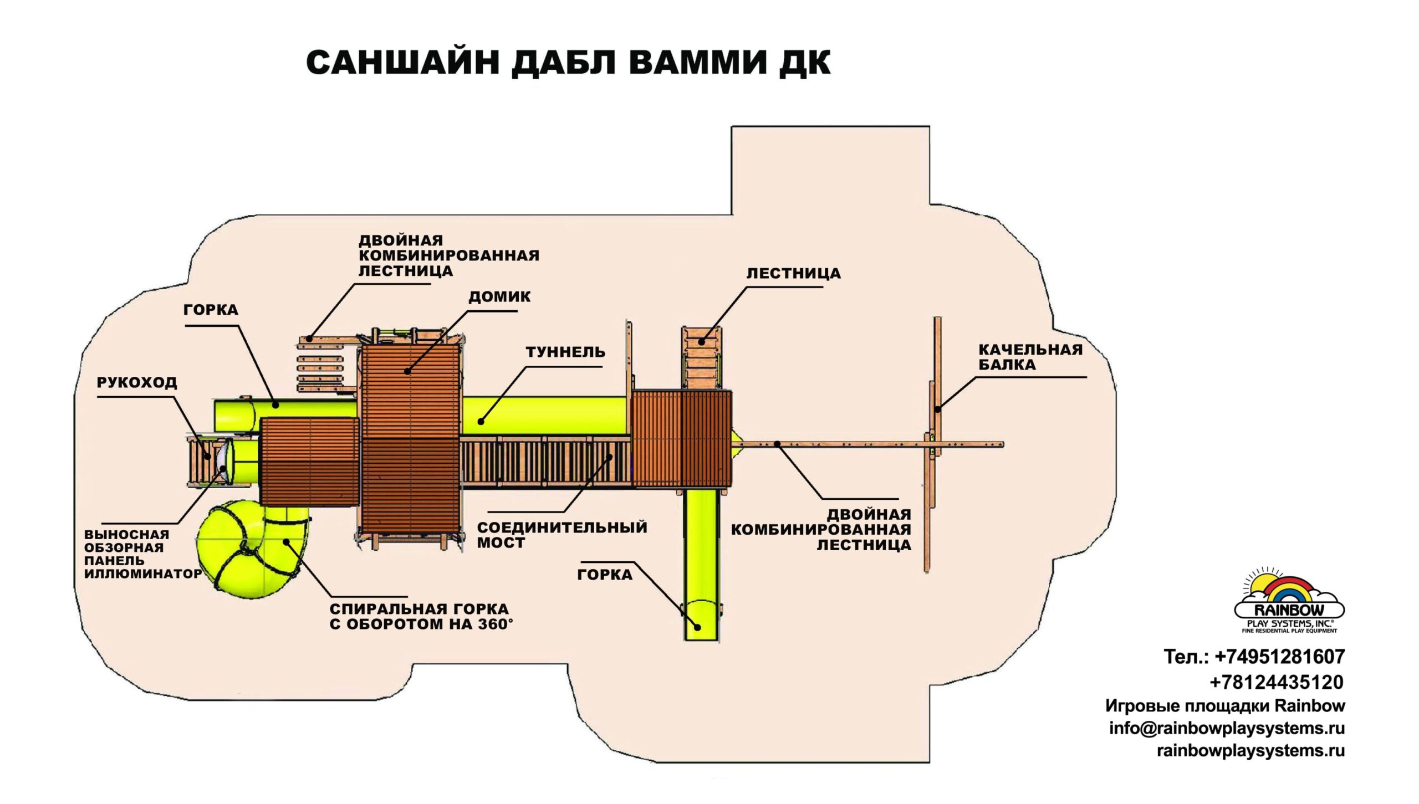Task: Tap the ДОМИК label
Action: point(499,297)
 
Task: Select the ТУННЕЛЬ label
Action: point(565,352)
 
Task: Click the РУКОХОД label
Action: point(137,382)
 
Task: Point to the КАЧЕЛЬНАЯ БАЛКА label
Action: point(1030,357)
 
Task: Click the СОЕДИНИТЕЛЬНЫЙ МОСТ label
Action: point(562,535)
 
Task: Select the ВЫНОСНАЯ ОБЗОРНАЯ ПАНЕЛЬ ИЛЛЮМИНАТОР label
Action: point(142,554)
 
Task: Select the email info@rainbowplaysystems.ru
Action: point(1227,728)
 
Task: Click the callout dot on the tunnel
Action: point(481,422)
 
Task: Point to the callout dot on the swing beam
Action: point(937,409)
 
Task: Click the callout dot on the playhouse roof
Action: point(407,371)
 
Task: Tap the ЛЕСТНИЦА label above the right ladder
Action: point(793,274)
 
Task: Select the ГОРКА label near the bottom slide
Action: point(605,575)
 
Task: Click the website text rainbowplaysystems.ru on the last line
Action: point(1250,751)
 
